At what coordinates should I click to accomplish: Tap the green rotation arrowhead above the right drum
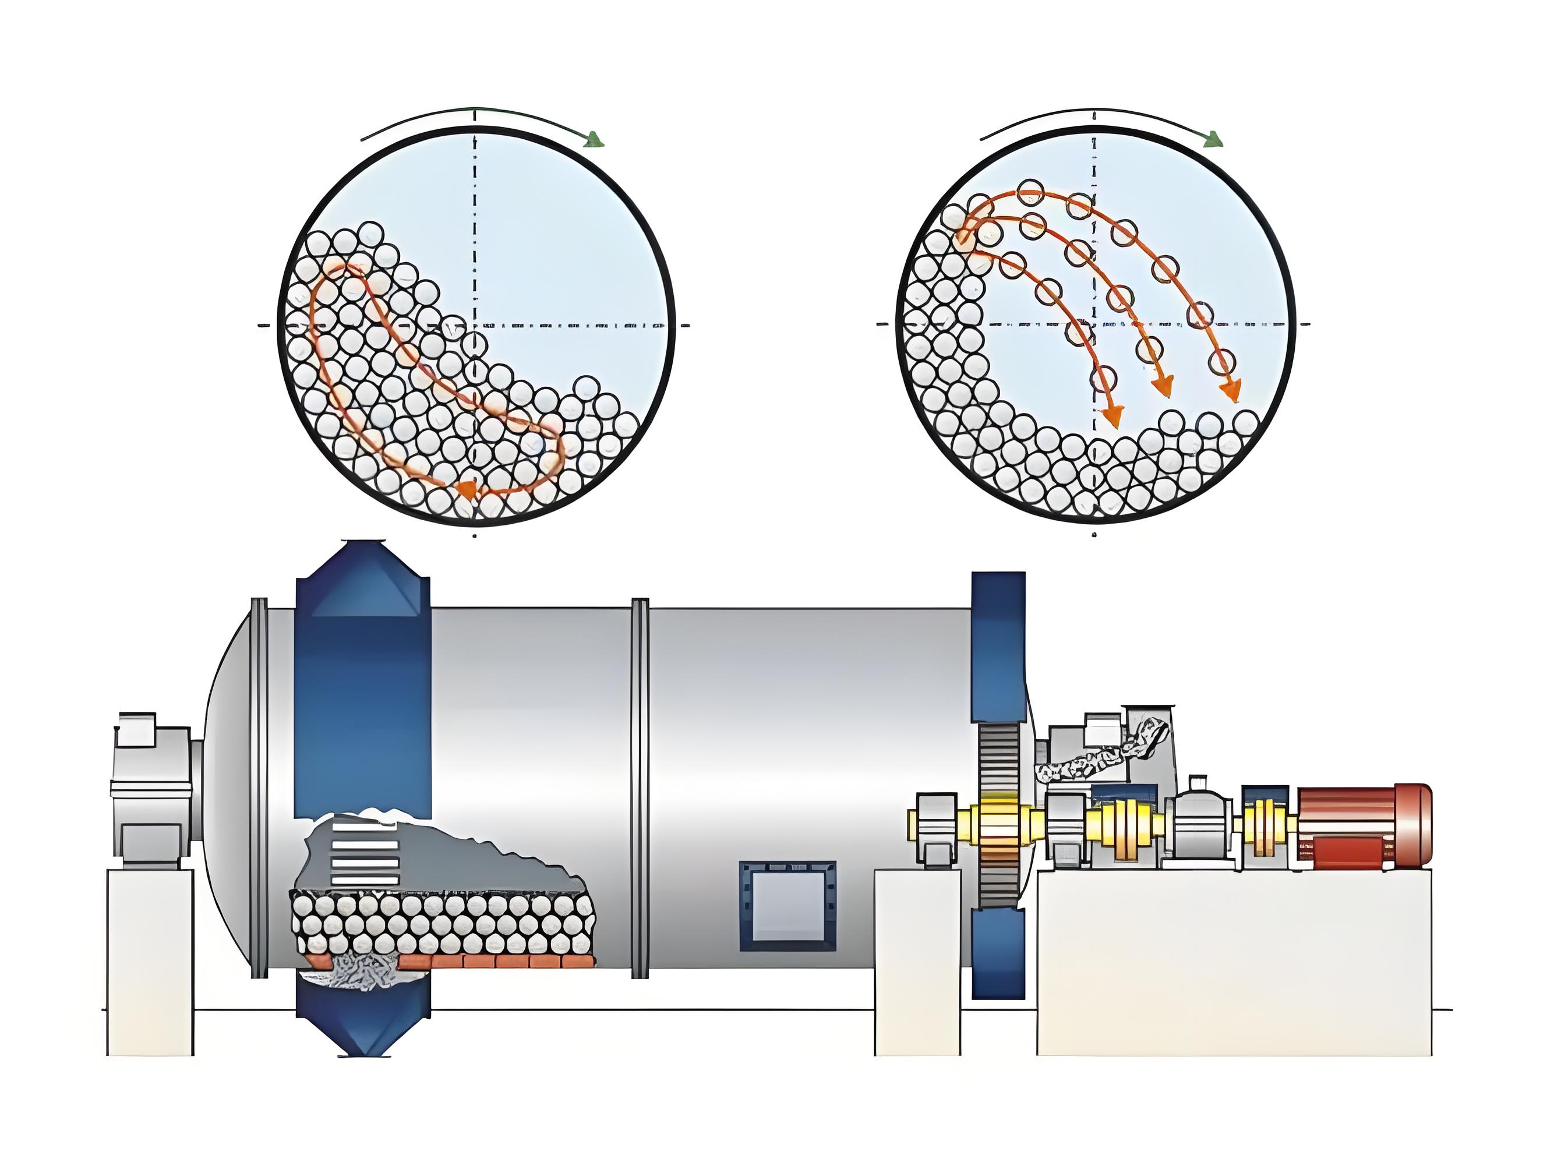pos(1213,140)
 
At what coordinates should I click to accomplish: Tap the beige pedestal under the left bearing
pos(150,963)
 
